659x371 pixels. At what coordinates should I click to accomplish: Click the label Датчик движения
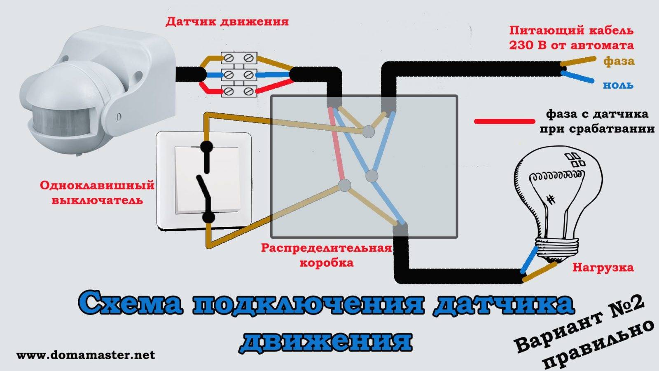(x=227, y=22)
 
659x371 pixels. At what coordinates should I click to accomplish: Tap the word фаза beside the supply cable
(x=619, y=61)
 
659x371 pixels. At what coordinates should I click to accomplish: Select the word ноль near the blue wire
(x=618, y=85)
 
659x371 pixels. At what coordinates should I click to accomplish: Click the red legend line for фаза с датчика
(x=505, y=121)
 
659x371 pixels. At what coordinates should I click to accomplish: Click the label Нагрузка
(x=603, y=268)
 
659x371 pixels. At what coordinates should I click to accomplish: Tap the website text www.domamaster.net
(x=86, y=355)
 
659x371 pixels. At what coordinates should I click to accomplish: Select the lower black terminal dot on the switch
(x=208, y=218)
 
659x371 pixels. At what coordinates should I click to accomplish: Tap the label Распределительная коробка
(x=326, y=255)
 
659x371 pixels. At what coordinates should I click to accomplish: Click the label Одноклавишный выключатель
(x=97, y=193)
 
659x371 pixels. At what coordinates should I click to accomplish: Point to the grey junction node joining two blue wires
(x=372, y=176)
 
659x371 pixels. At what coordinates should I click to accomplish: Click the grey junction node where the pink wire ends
(x=344, y=185)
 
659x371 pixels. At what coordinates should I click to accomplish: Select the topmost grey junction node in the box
(x=368, y=131)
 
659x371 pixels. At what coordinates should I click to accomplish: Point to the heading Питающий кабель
(x=571, y=31)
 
